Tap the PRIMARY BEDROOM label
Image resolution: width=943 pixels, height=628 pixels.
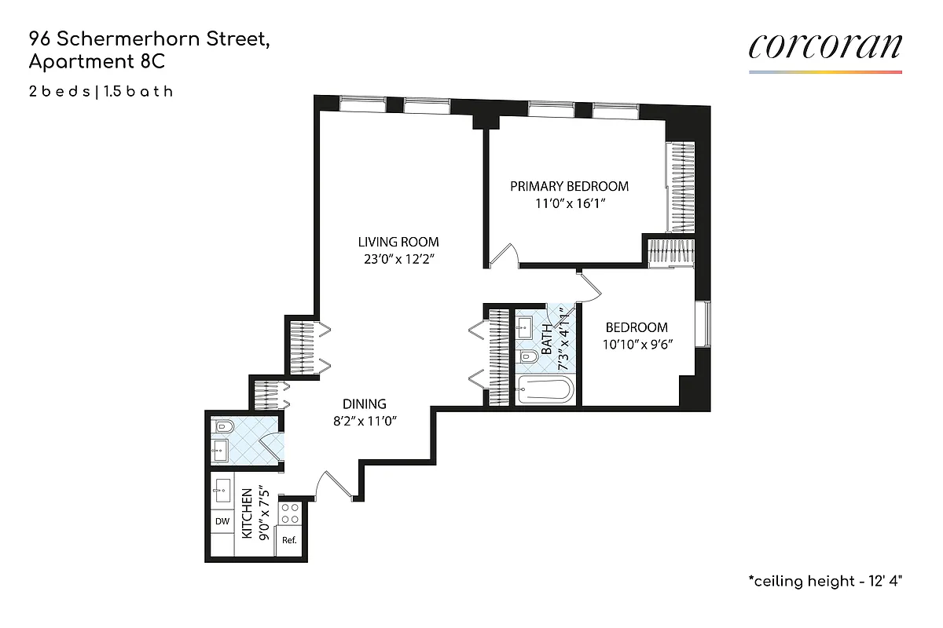pos(569,186)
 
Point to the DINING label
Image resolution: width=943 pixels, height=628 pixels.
pos(364,404)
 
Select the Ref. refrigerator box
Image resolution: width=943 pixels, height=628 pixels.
pos(288,540)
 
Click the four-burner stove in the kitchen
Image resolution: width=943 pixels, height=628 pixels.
pos(290,513)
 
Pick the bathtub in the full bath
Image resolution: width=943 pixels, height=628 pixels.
pos(546,390)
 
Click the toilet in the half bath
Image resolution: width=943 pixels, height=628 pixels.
pos(223,429)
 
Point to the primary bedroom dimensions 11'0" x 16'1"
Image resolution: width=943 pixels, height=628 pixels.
pos(569,204)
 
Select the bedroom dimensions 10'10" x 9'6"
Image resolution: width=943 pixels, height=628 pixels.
pos(636,344)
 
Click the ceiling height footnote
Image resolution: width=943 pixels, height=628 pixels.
pos(825,582)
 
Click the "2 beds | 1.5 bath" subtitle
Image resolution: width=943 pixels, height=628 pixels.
pos(101,91)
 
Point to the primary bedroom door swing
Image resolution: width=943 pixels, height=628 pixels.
pos(504,255)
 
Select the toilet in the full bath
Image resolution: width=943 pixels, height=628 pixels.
pos(529,357)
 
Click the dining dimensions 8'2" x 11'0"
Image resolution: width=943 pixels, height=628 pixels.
pos(364,421)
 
